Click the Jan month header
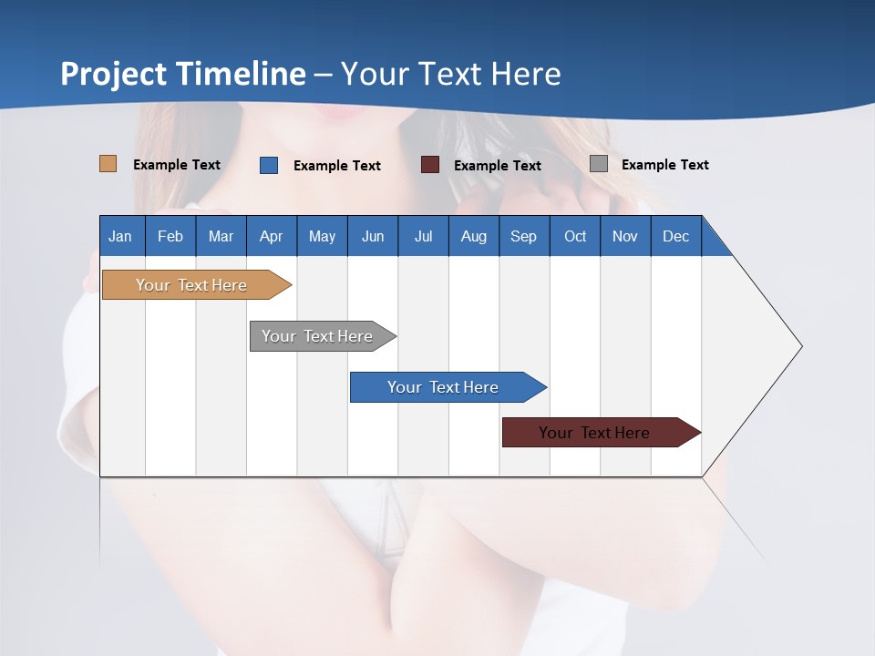(121, 236)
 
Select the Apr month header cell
(272, 236)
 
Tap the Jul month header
(423, 236)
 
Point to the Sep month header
(524, 236)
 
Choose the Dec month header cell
(675, 236)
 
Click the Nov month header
(625, 236)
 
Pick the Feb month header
(170, 236)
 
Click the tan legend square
(108, 164)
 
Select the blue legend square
(269, 165)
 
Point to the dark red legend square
(430, 165)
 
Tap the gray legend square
(599, 164)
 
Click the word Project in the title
(113, 74)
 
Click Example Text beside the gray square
(664, 165)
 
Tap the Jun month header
(373, 236)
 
